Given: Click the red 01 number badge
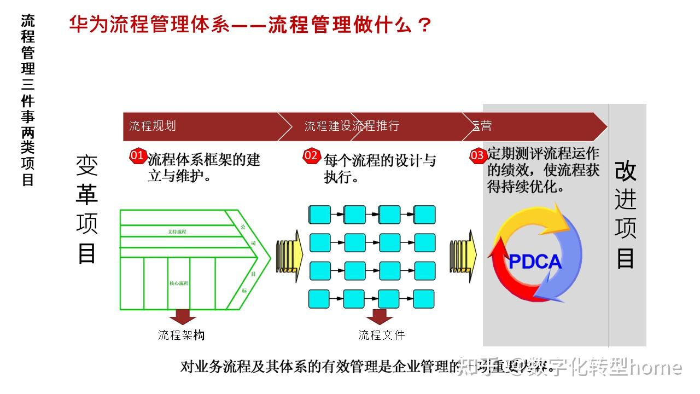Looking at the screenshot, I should [137, 156].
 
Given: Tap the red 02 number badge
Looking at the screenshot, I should [311, 156].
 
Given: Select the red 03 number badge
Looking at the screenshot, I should [477, 156].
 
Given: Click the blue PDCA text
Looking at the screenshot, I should [535, 262].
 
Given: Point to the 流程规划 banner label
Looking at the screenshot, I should [153, 126].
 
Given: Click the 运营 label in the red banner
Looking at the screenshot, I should [482, 126].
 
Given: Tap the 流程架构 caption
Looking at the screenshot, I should [181, 335].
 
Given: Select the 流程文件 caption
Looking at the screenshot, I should [381, 335].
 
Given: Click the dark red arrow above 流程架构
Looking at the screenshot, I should [182, 317].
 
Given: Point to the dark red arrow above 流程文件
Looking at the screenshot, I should [380, 317].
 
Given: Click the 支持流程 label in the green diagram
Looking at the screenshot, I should [178, 232].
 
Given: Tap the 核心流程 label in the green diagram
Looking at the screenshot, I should [179, 283].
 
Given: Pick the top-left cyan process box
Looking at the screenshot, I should [320, 215].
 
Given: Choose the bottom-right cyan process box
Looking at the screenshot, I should [424, 299].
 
